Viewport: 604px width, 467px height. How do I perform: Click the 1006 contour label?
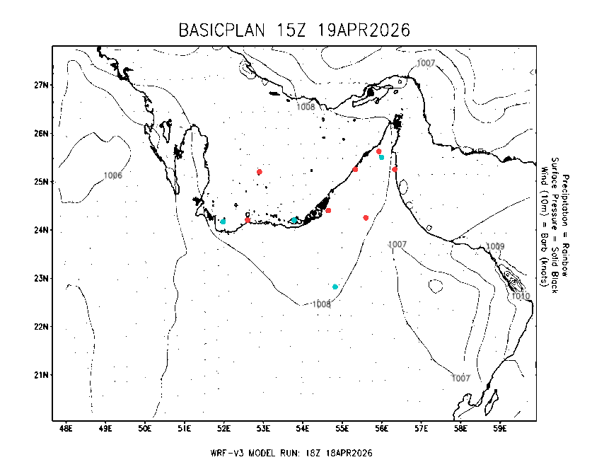113,175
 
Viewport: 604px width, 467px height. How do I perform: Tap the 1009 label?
495,247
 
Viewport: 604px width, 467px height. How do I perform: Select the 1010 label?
521,296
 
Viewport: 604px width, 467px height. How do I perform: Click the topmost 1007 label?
426,63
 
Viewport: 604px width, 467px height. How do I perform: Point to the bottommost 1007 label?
460,379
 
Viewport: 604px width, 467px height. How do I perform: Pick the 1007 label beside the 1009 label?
397,244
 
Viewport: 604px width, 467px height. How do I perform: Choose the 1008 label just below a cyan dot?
321,304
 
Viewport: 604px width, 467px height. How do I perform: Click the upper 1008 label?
306,107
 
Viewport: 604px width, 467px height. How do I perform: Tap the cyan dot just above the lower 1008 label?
335,287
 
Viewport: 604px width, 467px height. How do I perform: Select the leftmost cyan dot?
223,221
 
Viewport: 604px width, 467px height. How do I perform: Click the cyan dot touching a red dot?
382,157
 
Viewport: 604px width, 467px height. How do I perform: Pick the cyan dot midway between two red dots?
294,220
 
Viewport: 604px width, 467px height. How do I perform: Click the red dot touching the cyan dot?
378,151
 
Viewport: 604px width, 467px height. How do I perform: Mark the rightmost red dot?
395,169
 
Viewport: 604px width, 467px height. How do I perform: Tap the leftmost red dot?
248,220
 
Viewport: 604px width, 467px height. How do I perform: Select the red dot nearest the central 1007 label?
366,218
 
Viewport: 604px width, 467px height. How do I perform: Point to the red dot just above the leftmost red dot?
260,172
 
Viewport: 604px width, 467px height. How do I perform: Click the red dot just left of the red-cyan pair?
355,169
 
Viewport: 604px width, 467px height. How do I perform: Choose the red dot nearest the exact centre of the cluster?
328,210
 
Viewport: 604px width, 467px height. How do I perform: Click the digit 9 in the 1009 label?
502,247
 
